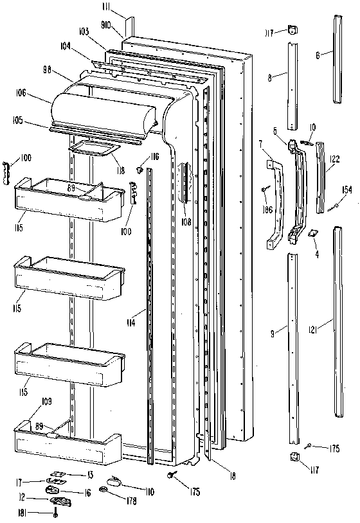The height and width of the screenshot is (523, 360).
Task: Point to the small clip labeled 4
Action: (x=314, y=235)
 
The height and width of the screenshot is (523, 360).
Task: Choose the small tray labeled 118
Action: (x=92, y=150)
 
